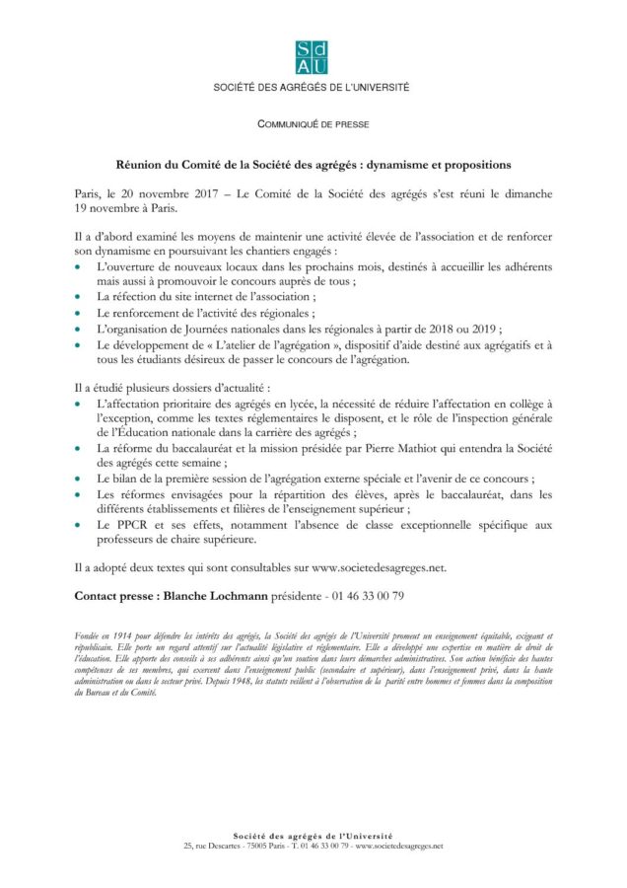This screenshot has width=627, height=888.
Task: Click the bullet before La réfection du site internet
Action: [x=80, y=297]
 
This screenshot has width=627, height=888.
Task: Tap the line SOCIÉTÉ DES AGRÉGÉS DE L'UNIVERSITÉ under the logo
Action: [x=313, y=88]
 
